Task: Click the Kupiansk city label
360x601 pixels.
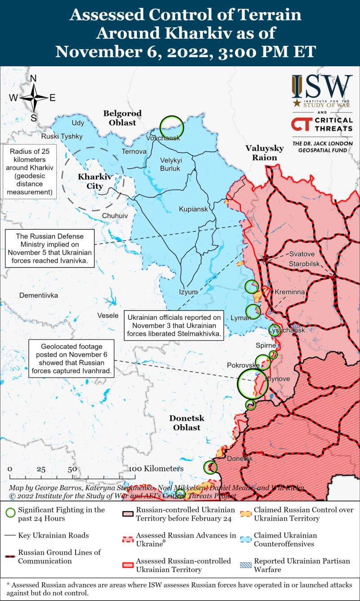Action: coord(193,209)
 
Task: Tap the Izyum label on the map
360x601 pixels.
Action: coord(188,292)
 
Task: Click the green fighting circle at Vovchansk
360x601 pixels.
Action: coord(171,126)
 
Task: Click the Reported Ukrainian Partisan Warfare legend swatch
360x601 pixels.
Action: coord(245,565)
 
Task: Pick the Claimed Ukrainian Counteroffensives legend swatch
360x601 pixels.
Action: coord(245,539)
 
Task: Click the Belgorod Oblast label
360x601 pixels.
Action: coord(122,118)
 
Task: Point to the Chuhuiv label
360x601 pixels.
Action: coord(115,216)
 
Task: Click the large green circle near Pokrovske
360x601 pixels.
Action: coord(249,383)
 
